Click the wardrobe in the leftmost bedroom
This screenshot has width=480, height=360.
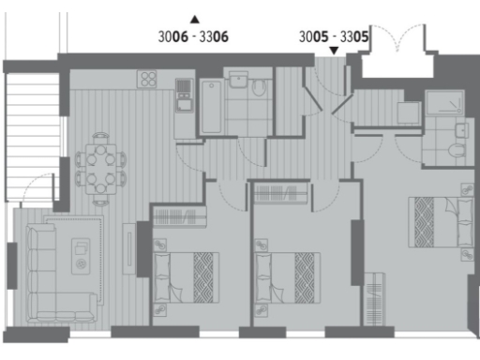[x=178, y=217]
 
